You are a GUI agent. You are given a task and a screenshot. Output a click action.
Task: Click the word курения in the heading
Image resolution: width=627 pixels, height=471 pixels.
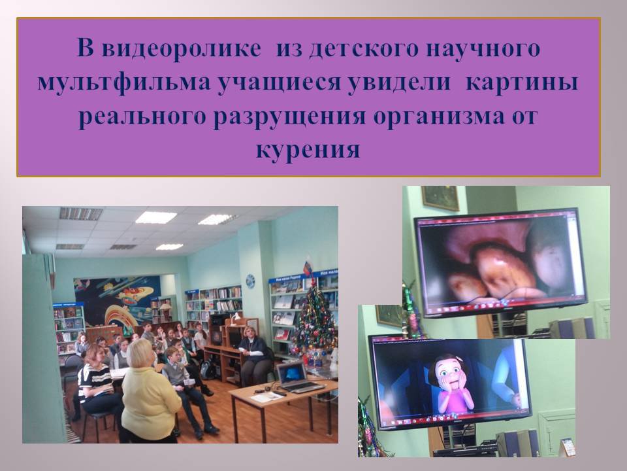click(x=308, y=150)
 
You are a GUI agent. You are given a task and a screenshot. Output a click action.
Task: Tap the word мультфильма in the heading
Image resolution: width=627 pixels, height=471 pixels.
click(x=124, y=82)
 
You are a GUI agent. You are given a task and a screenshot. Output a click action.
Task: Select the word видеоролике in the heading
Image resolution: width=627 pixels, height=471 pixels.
click(x=181, y=48)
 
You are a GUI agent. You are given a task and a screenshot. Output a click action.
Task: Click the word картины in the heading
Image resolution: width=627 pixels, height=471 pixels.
click(x=522, y=82)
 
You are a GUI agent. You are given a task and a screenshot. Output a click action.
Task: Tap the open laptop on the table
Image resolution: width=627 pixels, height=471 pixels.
click(x=297, y=377)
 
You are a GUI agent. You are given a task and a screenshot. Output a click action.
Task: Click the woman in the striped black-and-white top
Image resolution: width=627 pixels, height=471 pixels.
click(x=96, y=385)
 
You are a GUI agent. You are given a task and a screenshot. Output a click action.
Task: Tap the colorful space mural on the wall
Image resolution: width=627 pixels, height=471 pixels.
click(x=116, y=300)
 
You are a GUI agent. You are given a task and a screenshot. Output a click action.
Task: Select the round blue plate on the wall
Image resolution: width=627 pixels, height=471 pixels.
click(x=250, y=281)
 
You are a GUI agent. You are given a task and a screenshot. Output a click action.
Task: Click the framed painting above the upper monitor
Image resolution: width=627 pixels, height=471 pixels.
click(x=440, y=198)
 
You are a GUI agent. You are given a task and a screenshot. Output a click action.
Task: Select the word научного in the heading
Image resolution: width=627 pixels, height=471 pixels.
click(x=483, y=48)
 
